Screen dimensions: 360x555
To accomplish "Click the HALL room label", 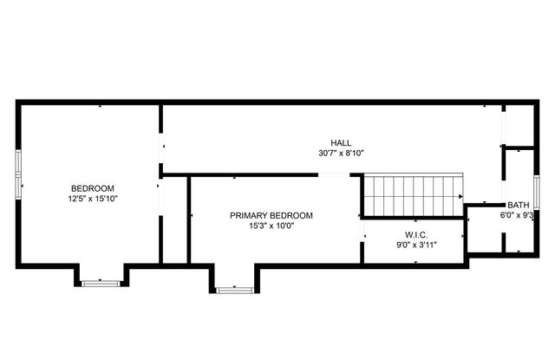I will pos(340,143).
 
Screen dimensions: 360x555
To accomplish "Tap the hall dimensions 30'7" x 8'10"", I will pos(340,154).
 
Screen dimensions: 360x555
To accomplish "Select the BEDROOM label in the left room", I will pos(93,188).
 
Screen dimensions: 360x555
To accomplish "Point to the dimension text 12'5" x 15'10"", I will pos(93,199).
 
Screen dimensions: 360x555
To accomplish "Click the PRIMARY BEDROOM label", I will pos(271,215).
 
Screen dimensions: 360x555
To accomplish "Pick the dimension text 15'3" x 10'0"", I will pos(271,226).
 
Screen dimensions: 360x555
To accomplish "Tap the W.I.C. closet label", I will pos(415,234).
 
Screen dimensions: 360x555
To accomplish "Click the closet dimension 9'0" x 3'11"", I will pos(415,245).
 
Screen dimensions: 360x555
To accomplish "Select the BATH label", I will pos(519,205).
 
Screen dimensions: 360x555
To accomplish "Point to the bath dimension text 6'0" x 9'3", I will pos(519,215).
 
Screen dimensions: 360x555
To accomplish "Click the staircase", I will pos(412,193).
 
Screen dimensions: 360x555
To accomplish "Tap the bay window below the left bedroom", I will pos(100,282).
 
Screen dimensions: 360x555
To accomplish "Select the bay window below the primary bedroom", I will pos(234,289).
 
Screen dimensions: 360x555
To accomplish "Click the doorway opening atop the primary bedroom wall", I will pos(335,175).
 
